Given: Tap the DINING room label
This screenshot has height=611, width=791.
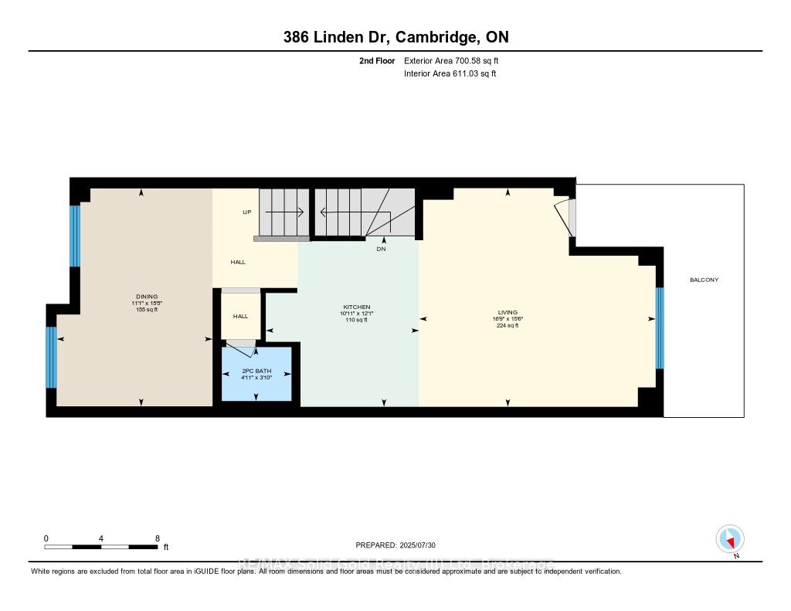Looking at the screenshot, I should (x=147, y=297).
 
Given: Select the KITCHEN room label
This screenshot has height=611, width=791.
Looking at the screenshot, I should (x=357, y=307).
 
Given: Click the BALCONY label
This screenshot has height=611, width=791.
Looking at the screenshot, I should (x=704, y=280).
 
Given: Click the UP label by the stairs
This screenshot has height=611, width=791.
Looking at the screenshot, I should (x=247, y=212).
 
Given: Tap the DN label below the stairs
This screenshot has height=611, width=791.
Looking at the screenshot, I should (x=381, y=249).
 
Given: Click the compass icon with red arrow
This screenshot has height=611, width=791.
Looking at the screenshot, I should (x=729, y=538).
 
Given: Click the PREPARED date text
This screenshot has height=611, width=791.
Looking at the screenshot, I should (x=395, y=545).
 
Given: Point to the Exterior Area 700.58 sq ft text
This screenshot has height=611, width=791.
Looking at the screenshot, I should (x=456, y=60).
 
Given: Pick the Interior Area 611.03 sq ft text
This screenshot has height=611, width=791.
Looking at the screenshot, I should (x=450, y=73).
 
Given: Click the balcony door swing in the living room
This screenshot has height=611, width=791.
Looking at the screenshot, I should (x=565, y=216).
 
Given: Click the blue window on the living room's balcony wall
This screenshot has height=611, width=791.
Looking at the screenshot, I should (x=660, y=328).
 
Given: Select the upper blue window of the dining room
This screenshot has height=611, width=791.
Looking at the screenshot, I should (x=75, y=236).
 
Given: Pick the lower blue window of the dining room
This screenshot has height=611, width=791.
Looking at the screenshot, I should (x=51, y=357).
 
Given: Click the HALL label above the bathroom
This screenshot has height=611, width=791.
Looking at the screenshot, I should (x=241, y=316).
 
